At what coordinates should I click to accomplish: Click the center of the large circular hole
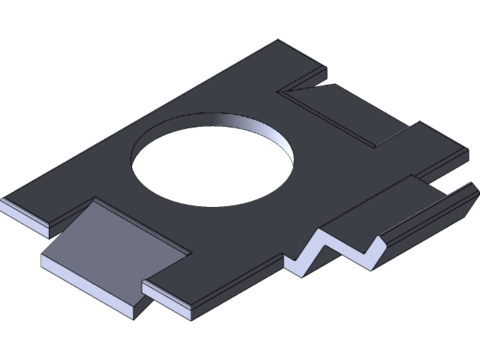point(212,159)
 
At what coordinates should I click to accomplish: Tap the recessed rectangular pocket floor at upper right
point(352,112)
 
